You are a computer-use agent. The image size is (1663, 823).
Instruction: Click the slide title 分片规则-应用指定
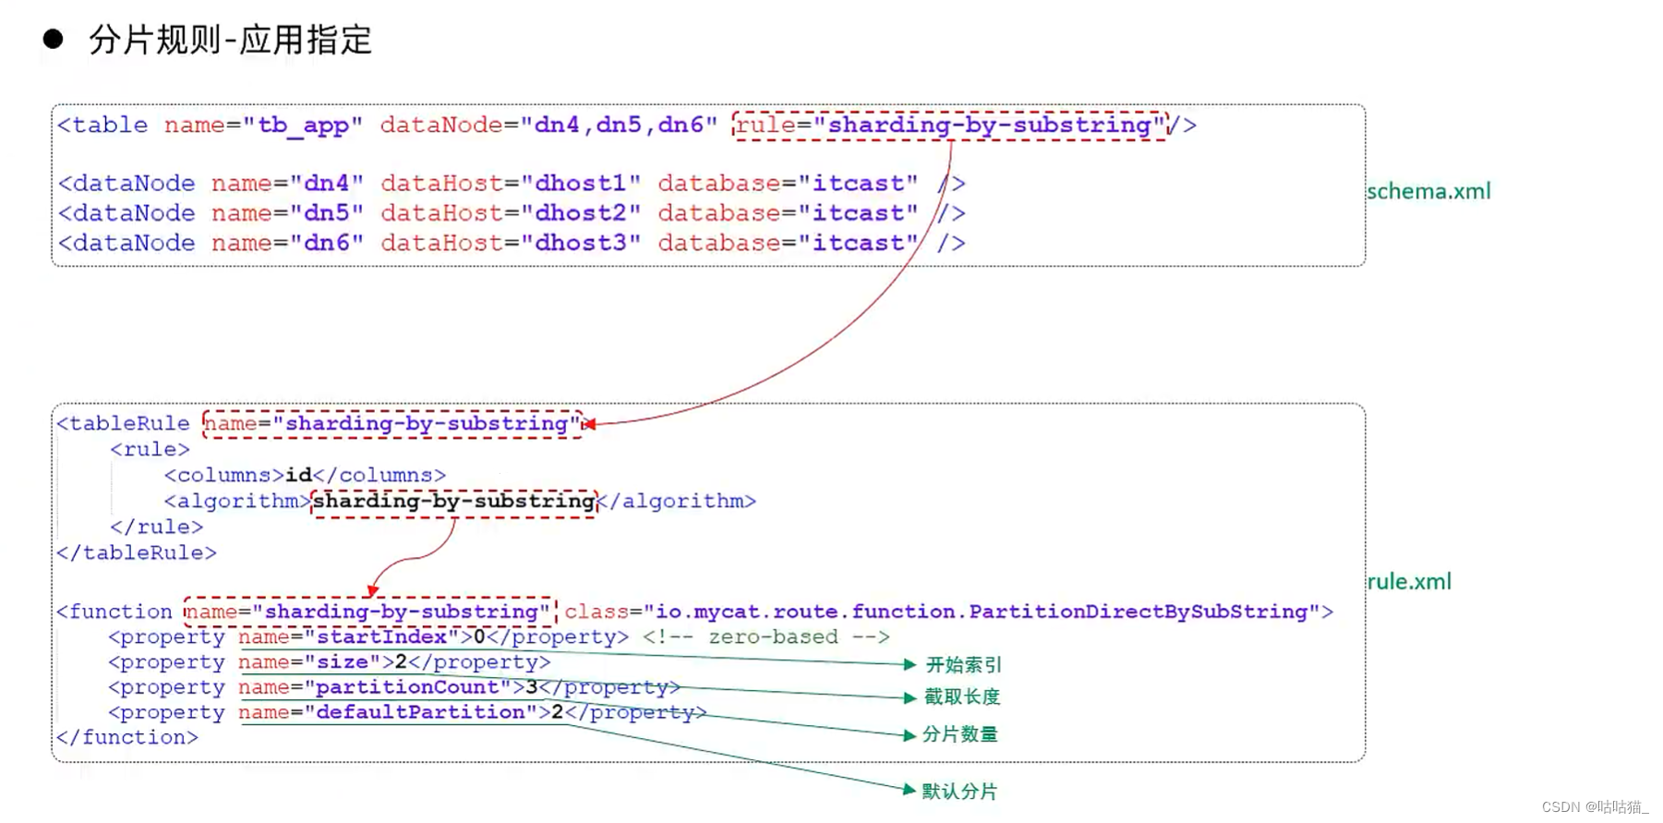230,40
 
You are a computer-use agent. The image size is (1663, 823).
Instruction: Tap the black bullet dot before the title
53,39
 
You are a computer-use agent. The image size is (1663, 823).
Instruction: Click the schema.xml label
1428,191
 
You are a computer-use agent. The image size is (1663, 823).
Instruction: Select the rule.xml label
1409,582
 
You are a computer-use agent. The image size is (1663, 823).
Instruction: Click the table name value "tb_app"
303,126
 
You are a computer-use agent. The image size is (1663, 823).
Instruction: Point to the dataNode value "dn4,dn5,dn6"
619,126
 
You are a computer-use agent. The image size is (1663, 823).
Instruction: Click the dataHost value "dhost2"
581,213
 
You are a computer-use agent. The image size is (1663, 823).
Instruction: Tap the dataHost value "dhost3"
581,243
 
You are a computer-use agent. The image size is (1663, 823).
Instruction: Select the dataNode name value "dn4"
326,184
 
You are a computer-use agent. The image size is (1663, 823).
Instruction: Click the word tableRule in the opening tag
129,424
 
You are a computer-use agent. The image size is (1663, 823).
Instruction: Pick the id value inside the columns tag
298,475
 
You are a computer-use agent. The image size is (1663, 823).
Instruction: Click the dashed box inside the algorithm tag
454,502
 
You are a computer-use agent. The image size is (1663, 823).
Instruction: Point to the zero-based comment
765,637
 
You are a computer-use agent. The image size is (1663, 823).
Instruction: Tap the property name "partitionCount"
407,687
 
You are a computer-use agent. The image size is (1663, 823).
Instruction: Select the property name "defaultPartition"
420,712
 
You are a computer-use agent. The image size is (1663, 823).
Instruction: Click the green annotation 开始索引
963,665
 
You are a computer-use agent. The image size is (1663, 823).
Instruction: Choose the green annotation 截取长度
962,696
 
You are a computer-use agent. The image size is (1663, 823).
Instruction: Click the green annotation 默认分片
959,792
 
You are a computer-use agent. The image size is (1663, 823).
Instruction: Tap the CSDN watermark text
1594,807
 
